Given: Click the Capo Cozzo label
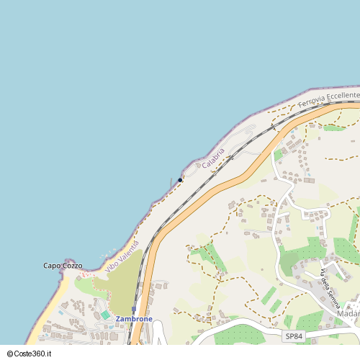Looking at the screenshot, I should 63,266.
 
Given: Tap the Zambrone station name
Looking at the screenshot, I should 134,318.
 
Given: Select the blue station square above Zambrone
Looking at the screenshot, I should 134,309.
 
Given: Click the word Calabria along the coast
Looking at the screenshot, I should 213,158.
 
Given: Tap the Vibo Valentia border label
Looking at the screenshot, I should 122,256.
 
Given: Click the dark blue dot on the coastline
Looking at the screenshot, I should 180,180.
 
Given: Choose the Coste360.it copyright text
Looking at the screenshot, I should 35,354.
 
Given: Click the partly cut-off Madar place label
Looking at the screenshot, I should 348,314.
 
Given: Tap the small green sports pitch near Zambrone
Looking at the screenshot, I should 105,315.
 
